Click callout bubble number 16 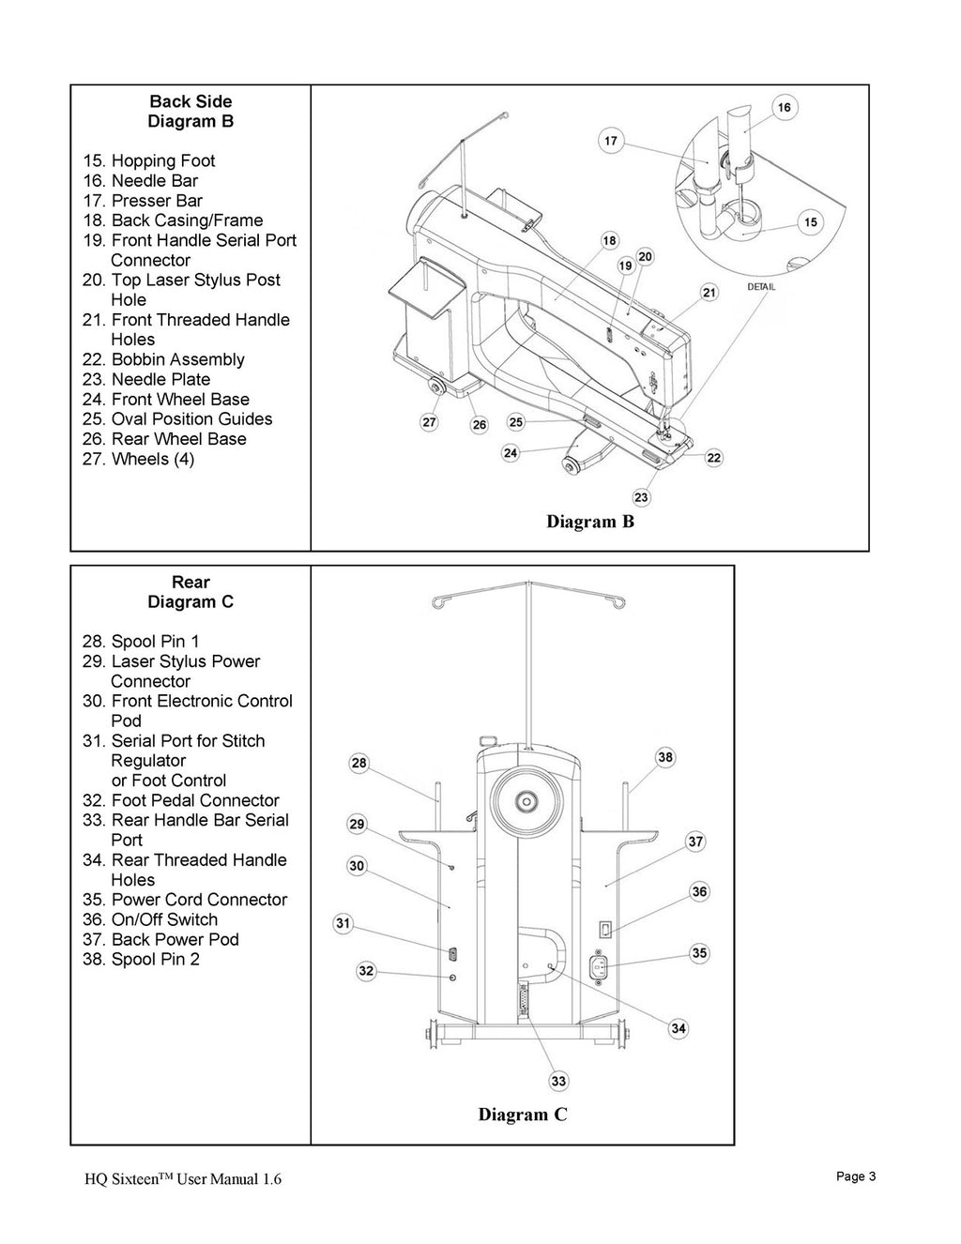coord(784,107)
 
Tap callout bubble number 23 coord(641,497)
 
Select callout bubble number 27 coord(429,423)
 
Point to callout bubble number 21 coord(709,293)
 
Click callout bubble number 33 coord(558,1082)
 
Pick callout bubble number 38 coord(664,758)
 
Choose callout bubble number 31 coord(343,924)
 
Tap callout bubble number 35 coord(699,953)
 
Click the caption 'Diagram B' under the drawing coord(590,522)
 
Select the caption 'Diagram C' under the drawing coord(523,1115)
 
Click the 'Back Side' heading coord(191,101)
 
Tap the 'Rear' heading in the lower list coord(191,582)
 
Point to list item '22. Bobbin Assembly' coord(163,359)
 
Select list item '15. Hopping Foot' coord(149,160)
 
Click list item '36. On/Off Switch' coord(150,919)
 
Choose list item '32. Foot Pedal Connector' coord(181,800)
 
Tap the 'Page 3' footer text coord(855,1176)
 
